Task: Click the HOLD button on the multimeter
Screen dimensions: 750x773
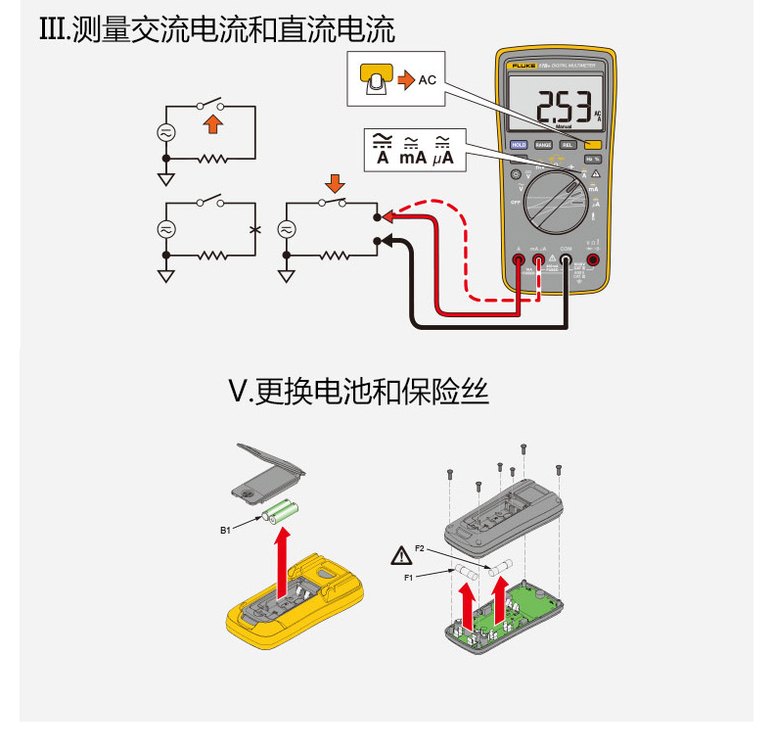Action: pyautogui.click(x=519, y=145)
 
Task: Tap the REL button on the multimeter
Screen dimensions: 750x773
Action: pyautogui.click(x=568, y=145)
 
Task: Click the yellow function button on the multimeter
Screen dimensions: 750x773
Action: pyautogui.click(x=593, y=145)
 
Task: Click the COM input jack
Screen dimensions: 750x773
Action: pyautogui.click(x=566, y=261)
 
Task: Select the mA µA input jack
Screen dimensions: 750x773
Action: pyautogui.click(x=539, y=261)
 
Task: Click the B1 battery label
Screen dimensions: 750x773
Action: pyautogui.click(x=225, y=530)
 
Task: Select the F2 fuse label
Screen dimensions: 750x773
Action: pyautogui.click(x=420, y=549)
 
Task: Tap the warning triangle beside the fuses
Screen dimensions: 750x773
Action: pyautogui.click(x=400, y=557)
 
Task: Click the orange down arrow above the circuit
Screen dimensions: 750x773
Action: pyautogui.click(x=335, y=183)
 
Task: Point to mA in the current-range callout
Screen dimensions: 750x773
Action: pyautogui.click(x=412, y=157)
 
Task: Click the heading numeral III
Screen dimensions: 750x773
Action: pyautogui.click(x=50, y=30)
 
